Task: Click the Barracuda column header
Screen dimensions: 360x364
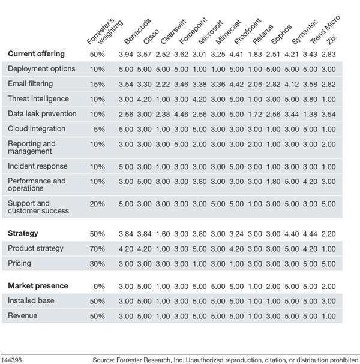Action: tap(137, 31)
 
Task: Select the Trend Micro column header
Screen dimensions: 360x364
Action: tap(325, 29)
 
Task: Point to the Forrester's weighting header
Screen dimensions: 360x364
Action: tap(105, 31)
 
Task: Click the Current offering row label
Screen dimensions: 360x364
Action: tap(36, 53)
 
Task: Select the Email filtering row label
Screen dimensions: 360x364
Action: tap(30, 83)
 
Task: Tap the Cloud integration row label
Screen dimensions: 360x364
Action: tap(37, 128)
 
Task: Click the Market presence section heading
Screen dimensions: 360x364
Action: tap(38, 286)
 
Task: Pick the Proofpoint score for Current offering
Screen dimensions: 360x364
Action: tap(236, 55)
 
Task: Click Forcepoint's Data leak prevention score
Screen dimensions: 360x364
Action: tap(181, 114)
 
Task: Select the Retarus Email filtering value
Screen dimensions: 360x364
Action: tap(254, 85)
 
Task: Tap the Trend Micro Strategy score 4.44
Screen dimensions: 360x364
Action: tap(310, 234)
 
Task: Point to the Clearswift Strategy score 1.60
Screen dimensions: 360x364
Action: tap(163, 234)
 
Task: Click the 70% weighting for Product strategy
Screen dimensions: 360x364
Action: tap(97, 249)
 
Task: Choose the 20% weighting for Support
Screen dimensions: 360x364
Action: tap(97, 204)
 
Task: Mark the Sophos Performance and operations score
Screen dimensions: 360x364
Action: tap(273, 182)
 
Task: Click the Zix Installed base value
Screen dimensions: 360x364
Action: tap(328, 301)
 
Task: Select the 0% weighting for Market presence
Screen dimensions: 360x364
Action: tap(99, 287)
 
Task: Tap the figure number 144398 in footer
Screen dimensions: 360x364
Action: tap(11, 360)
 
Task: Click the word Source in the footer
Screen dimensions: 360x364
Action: tap(103, 360)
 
